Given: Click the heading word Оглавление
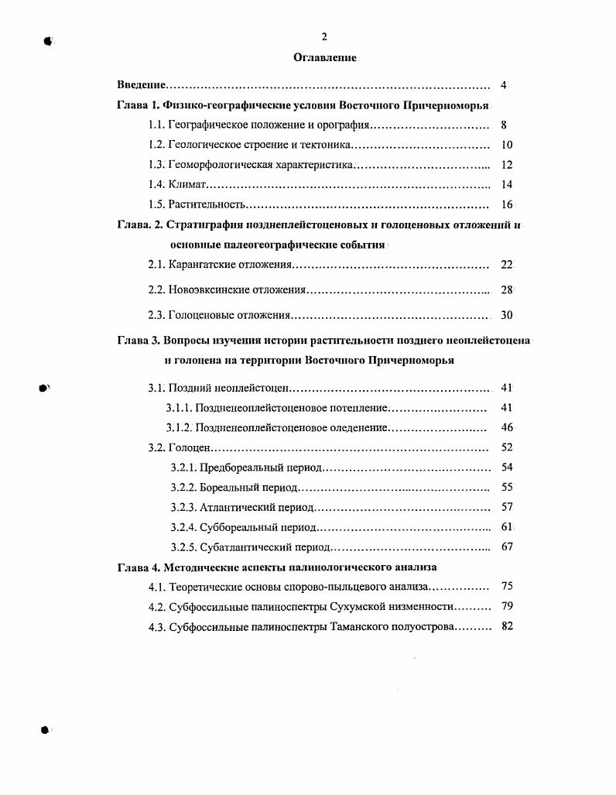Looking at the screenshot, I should click(x=325, y=58).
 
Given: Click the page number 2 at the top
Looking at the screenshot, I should click(x=325, y=36).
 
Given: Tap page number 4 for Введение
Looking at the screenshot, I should click(x=504, y=85).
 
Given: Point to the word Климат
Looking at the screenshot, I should click(x=188, y=185).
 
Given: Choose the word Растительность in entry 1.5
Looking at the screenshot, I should click(x=207, y=205).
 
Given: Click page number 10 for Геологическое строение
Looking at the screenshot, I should click(x=507, y=145).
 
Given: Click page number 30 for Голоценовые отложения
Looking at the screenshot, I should click(x=507, y=315).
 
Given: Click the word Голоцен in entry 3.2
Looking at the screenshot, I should click(x=189, y=447).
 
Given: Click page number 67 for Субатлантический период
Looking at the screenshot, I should click(x=507, y=547).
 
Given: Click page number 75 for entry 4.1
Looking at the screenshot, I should click(x=507, y=587).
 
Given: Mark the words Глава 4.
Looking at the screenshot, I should click(x=139, y=567).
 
